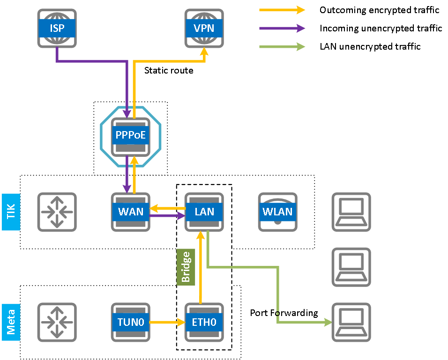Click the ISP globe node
click(57, 28)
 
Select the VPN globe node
click(204, 28)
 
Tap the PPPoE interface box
click(130, 137)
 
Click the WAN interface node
click(130, 212)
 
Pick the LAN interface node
click(204, 212)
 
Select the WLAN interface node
click(277, 212)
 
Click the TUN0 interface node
click(130, 322)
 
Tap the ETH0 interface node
click(204, 322)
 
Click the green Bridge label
click(186, 267)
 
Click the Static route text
click(168, 71)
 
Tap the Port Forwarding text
click(284, 313)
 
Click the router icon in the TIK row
click(57, 212)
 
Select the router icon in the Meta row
click(57, 322)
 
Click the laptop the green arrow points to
click(351, 322)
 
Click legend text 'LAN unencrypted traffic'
click(370, 46)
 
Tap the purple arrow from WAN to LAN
click(166, 216)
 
